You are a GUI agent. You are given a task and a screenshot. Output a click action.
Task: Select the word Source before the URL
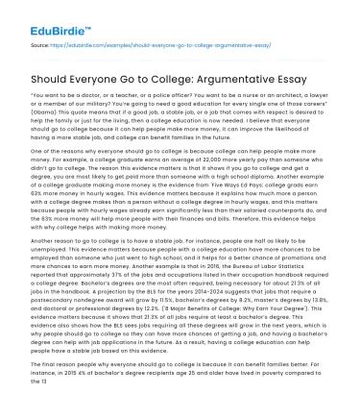click(42, 44)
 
